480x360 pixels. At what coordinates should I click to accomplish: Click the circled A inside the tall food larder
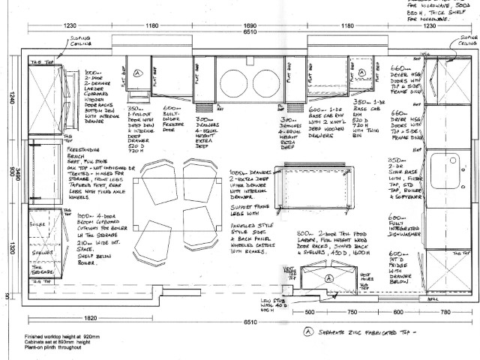click(x=327, y=277)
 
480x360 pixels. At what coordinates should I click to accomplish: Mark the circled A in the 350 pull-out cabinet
click(x=138, y=73)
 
